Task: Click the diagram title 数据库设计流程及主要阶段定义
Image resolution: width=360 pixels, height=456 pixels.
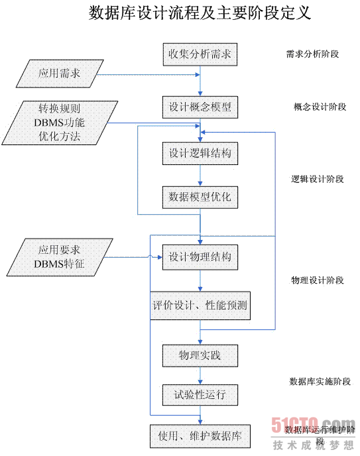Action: [x=200, y=13]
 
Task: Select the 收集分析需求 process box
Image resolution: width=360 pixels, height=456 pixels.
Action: [x=200, y=54]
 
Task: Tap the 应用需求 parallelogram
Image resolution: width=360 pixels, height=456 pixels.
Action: [x=60, y=74]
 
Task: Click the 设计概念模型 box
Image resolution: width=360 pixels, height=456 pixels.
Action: [x=200, y=107]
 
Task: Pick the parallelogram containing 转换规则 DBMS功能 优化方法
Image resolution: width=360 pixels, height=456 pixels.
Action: [x=60, y=123]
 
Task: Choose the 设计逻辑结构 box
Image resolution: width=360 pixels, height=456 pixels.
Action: [x=200, y=153]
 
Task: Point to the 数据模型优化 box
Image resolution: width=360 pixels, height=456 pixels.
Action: [x=200, y=197]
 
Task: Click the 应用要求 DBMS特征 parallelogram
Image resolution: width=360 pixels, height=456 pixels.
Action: [x=60, y=257]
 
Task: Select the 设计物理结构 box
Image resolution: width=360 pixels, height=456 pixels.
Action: [x=200, y=257]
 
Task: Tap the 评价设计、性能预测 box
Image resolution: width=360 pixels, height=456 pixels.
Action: [x=200, y=306]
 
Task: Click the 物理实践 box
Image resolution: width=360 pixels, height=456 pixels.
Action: [x=200, y=355]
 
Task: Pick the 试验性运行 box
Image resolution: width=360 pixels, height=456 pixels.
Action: [x=200, y=395]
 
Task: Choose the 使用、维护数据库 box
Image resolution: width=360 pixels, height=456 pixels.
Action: [x=200, y=436]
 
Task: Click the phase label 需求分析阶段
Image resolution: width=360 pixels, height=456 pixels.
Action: [x=313, y=54]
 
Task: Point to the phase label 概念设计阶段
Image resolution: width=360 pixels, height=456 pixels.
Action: [x=320, y=107]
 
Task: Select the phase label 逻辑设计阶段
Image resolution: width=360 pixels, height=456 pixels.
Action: [x=318, y=179]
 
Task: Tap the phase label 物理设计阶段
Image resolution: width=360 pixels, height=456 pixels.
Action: [x=318, y=280]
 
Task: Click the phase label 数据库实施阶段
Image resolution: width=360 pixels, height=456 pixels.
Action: [x=320, y=381]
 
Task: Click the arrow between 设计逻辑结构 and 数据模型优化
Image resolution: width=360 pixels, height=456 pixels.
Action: [x=200, y=176]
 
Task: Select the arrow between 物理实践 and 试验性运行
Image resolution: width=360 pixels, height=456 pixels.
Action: [x=200, y=375]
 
